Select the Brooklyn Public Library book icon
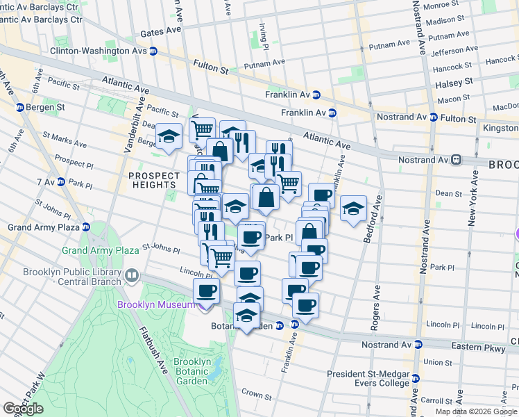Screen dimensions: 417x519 pos(130,277)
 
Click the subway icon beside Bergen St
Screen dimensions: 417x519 pos(19,108)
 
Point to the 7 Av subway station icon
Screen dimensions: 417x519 pos(61,182)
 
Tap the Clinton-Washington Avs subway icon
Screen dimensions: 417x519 pos(153,51)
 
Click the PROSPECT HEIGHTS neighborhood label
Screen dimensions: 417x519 pos(153,180)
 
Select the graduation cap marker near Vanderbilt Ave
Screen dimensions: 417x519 pos(169,136)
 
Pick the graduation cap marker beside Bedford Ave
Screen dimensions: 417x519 pos(353,207)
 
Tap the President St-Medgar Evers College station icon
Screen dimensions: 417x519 pos(415,379)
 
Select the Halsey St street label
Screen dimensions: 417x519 pos(454,81)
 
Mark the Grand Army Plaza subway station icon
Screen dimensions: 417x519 pos(85,227)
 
